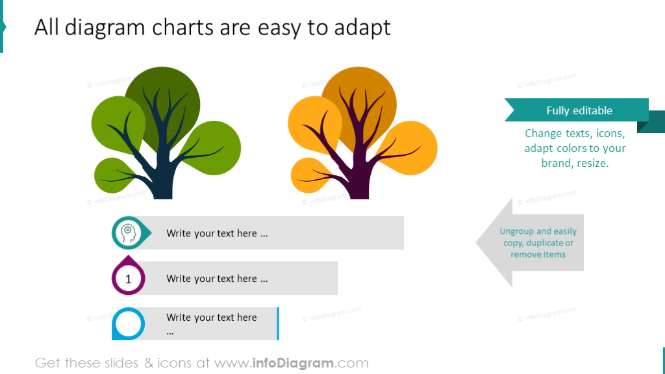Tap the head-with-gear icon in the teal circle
pos(129,232)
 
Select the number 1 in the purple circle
pos(128,279)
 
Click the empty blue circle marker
pos(129,323)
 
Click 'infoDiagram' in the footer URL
pos(292,363)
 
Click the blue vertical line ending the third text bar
pos(278,323)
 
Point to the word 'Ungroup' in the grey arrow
pos(516,231)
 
